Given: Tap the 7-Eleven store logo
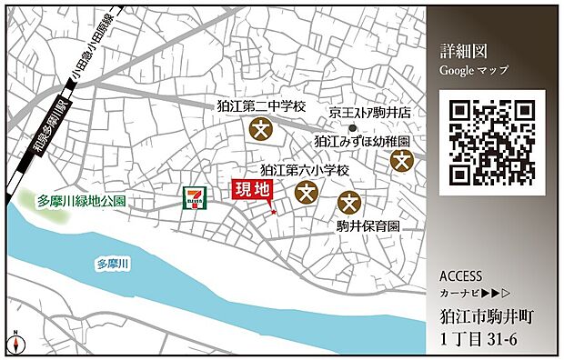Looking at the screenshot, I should (193, 198).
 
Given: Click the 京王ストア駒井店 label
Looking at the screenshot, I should (370, 113).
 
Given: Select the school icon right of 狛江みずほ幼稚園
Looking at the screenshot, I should (402, 160).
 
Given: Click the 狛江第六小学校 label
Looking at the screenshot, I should (305, 169).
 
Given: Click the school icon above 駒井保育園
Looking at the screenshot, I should (350, 203).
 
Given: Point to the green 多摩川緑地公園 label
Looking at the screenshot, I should (81, 201).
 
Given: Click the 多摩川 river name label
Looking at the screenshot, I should (114, 265).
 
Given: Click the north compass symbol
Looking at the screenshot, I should (16, 344).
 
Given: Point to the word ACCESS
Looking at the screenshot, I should (460, 276).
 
